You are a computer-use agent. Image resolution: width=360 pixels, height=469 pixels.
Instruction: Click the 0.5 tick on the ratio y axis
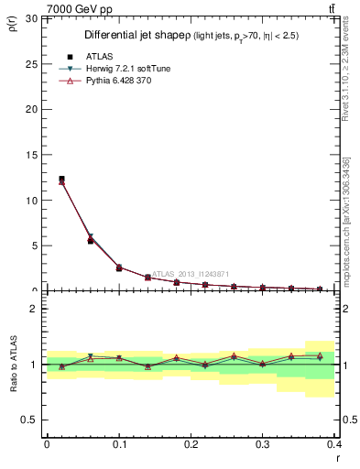[29, 420]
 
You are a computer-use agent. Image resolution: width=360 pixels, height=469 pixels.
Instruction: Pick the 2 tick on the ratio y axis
[33, 309]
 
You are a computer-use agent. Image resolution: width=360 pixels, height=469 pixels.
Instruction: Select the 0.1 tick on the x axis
[119, 444]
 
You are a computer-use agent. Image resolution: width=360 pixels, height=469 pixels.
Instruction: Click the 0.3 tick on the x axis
[263, 444]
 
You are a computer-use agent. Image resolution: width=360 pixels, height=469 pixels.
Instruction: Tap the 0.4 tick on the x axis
[333, 444]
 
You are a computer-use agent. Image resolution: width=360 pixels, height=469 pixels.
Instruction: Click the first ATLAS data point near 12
[61, 179]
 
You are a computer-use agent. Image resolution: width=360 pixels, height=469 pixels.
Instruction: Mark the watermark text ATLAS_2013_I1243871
[192, 273]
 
